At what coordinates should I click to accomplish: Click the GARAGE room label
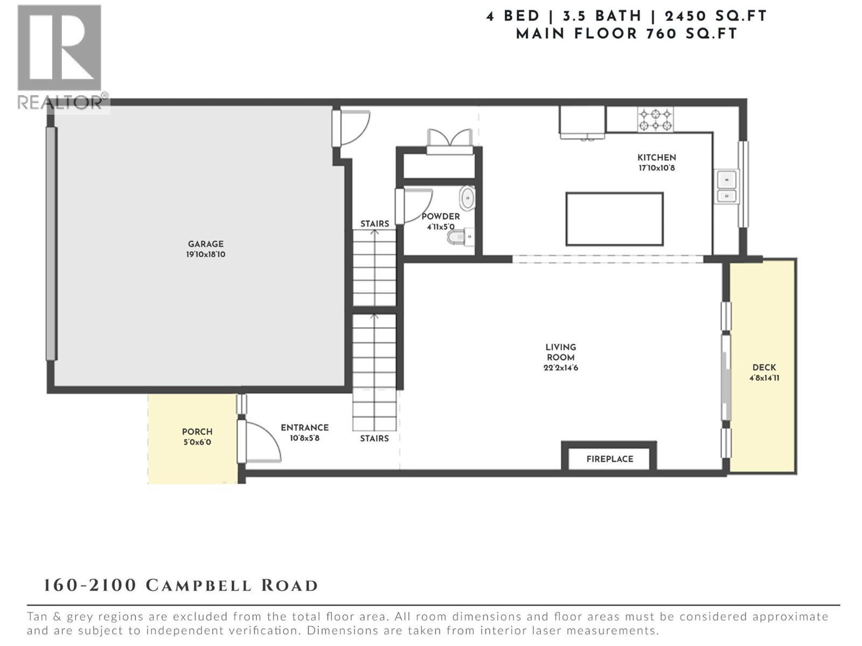click(x=205, y=244)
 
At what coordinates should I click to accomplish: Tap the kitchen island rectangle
click(x=614, y=219)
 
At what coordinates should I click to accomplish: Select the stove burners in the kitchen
click(x=655, y=120)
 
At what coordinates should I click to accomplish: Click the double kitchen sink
click(x=726, y=187)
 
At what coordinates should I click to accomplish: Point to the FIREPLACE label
click(x=610, y=459)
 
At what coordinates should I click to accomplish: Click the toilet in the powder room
click(x=459, y=236)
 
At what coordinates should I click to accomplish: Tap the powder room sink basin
click(x=467, y=199)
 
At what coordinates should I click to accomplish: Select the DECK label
click(x=764, y=368)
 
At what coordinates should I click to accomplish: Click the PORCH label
click(x=197, y=432)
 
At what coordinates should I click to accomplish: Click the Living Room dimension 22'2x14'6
click(x=561, y=368)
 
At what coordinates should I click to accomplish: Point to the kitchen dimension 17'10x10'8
click(x=657, y=168)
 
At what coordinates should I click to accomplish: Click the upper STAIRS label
click(x=374, y=224)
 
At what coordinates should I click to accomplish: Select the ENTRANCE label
click(x=304, y=428)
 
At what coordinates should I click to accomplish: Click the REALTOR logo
click(x=60, y=57)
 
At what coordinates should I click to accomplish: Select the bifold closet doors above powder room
click(x=449, y=139)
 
